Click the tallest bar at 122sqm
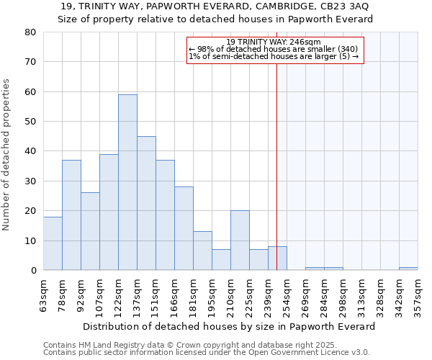pos(127,182)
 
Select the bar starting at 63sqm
pos(53,243)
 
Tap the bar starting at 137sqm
pos(146,203)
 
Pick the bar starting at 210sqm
pos(240,240)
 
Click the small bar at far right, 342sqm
pos(408,269)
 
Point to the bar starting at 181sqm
pos(202,251)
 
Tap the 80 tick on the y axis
pos(30,32)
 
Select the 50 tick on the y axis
pos(30,122)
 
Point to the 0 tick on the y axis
pos(32,271)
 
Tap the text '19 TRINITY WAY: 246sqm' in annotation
pos(275,42)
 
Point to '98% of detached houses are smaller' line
pos(274,49)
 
